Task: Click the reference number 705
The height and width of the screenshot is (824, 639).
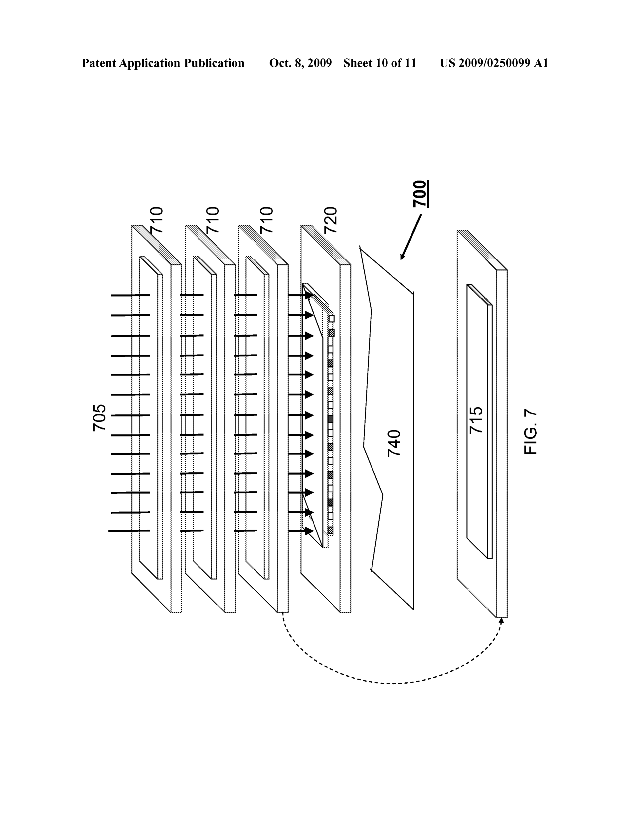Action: [99, 418]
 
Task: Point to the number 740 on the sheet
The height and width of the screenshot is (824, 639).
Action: [394, 443]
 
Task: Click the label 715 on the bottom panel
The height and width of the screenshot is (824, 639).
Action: [476, 420]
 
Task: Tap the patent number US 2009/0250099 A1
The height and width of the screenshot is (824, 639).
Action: [494, 63]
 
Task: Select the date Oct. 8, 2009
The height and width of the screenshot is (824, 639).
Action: [300, 63]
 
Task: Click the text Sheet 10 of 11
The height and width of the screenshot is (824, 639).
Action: [380, 63]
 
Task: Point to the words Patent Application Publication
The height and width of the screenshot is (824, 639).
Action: [163, 63]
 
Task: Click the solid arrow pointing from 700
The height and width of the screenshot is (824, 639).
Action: [411, 237]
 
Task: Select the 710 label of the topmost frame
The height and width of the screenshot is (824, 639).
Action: [156, 220]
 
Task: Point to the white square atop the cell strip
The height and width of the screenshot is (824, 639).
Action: [331, 318]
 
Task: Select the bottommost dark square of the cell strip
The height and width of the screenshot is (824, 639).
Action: [331, 530]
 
